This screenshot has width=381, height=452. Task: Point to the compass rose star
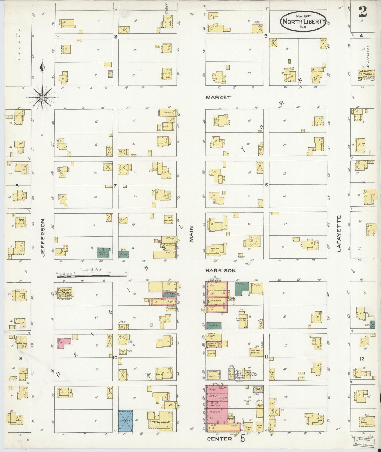click(x=42, y=98)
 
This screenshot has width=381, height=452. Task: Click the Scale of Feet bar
click(x=92, y=276)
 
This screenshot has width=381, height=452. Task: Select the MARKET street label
click(x=218, y=97)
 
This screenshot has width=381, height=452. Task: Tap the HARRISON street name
click(x=221, y=271)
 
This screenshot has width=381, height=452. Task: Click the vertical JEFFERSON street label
click(x=44, y=237)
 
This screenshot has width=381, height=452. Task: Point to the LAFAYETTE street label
click(x=339, y=234)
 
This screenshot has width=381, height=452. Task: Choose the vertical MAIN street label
click(x=191, y=233)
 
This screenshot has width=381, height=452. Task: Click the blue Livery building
click(x=125, y=421)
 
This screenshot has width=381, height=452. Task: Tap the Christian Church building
click(x=65, y=293)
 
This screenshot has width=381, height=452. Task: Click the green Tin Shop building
click(x=214, y=326)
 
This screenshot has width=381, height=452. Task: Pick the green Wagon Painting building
click(x=104, y=253)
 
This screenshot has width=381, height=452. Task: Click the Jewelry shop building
click(x=212, y=353)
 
